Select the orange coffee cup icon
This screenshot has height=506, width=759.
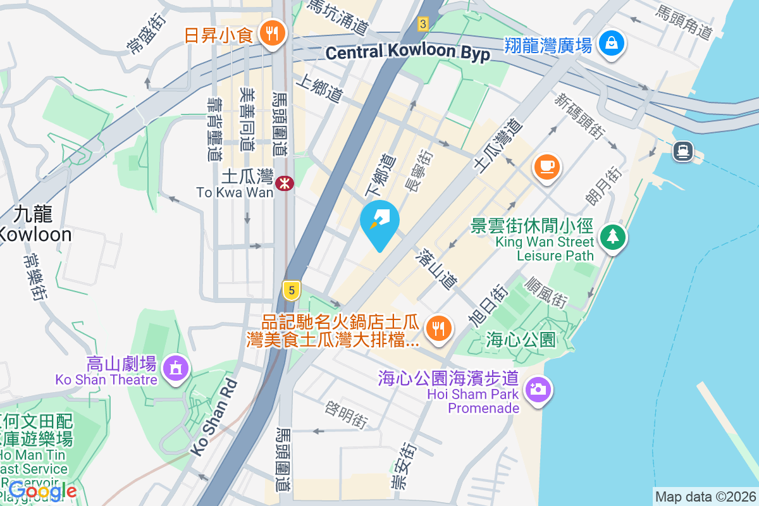pos(546,168)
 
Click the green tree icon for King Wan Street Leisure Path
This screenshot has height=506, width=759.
pos(612,238)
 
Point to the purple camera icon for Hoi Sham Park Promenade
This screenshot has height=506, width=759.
pos(539,388)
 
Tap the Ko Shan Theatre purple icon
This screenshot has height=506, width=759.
pos(175,368)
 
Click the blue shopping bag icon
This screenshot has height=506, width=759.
pos(612,43)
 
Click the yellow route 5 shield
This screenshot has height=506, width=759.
pos(291,290)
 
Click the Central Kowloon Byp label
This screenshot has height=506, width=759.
pos(408,53)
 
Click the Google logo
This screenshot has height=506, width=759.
pos(43,490)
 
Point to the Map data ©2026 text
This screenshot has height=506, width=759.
pos(705,497)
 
